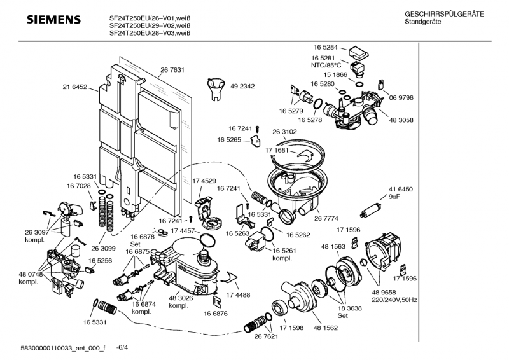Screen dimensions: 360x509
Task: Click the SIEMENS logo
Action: click(x=53, y=20)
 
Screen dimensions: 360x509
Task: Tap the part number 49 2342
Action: click(x=242, y=87)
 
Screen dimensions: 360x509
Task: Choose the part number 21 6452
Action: click(x=74, y=87)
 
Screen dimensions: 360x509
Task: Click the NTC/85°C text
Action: click(x=326, y=65)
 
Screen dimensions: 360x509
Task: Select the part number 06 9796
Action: click(x=401, y=97)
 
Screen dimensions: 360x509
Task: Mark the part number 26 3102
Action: click(x=284, y=132)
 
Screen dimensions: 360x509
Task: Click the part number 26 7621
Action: click(x=267, y=335)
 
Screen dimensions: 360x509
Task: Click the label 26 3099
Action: click(x=103, y=249)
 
